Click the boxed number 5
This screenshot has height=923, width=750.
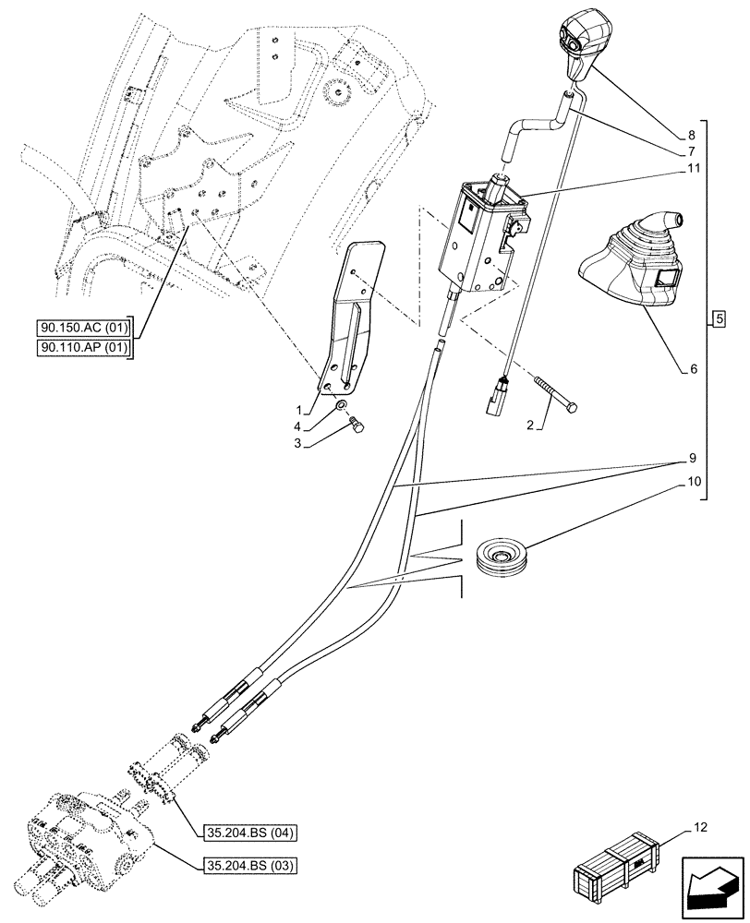point(720,320)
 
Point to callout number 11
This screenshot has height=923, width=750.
point(692,169)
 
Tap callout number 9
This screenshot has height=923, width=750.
point(691,458)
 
